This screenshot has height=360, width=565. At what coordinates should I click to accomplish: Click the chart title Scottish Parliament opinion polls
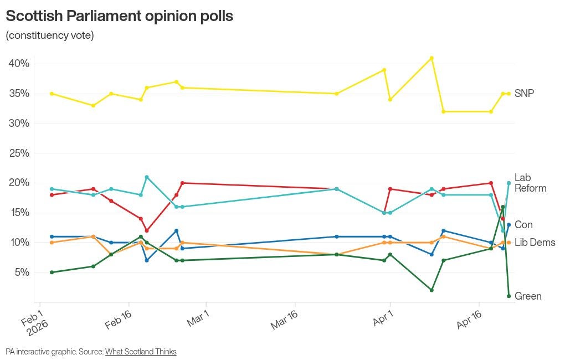pyautogui.click(x=119, y=16)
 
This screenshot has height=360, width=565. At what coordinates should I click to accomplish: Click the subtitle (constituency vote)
pyautogui.click(x=50, y=35)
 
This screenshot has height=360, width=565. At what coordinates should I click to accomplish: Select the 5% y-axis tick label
pyautogui.click(x=21, y=272)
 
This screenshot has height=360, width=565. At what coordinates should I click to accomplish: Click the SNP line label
pyautogui.click(x=524, y=94)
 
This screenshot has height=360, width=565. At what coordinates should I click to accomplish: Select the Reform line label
pyautogui.click(x=530, y=188)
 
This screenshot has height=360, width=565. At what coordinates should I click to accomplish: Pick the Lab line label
pyautogui.click(x=522, y=178)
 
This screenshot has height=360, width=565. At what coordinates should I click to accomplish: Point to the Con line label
pyautogui.click(x=523, y=225)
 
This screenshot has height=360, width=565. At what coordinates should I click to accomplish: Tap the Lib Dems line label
pyautogui.click(x=535, y=243)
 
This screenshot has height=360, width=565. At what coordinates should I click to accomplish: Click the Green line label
pyautogui.click(x=528, y=296)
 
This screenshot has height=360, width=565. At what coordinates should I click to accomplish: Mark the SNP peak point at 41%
pyautogui.click(x=432, y=58)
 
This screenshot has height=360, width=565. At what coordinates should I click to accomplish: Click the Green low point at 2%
pyautogui.click(x=432, y=290)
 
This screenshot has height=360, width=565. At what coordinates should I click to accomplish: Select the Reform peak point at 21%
pyautogui.click(x=147, y=177)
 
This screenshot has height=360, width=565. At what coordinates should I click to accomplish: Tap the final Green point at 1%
pyautogui.click(x=508, y=296)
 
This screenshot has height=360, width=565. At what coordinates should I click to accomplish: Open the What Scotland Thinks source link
pyautogui.click(x=141, y=352)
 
